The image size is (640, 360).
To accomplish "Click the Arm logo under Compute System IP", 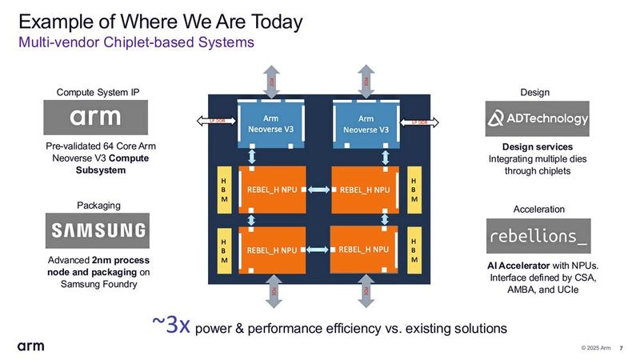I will [95, 118].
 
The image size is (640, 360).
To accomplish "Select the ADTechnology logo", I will [538, 119].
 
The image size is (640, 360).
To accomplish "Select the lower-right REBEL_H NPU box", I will [364, 249].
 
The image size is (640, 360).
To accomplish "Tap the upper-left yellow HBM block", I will [224, 188].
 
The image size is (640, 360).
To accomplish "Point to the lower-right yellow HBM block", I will [414, 249].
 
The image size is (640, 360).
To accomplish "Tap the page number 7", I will [622, 347].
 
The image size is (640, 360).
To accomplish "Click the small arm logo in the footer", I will [30, 346].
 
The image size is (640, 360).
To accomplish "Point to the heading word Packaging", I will [98, 206].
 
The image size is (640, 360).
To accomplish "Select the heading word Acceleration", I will [538, 209].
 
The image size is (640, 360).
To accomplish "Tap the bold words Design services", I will [538, 147].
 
